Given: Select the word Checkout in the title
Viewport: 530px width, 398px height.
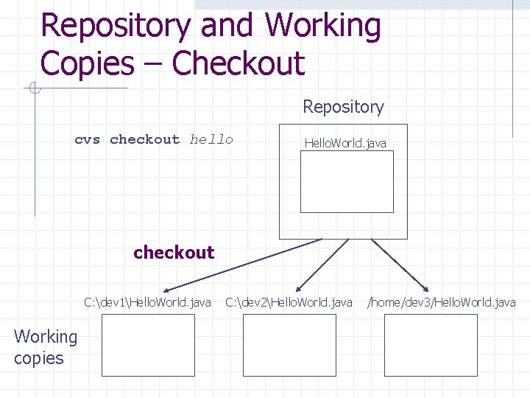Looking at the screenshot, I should click(238, 63).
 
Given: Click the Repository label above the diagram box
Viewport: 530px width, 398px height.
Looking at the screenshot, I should click(343, 107).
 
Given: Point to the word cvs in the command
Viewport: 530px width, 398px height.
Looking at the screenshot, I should click(87, 139).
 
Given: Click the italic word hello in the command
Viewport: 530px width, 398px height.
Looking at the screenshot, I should click(211, 139).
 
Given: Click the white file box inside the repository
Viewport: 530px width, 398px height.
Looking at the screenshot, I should click(347, 181).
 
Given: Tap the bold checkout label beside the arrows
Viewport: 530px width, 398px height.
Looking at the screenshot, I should click(174, 252).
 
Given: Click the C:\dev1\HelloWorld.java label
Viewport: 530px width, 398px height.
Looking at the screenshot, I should click(147, 302).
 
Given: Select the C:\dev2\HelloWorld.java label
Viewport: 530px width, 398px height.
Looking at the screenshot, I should click(289, 302).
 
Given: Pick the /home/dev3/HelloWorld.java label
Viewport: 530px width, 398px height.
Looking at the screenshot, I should click(442, 302).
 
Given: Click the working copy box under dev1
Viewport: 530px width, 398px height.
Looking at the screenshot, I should click(148, 345).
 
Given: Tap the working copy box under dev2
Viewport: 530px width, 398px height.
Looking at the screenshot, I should click(289, 345).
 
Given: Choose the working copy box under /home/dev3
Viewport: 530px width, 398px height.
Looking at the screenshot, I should click(431, 345).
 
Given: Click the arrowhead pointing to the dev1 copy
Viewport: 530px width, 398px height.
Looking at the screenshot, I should click(168, 290).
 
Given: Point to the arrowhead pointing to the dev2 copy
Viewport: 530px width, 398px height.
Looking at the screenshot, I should click(298, 288).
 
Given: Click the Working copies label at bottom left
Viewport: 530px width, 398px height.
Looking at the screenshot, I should click(45, 347).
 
